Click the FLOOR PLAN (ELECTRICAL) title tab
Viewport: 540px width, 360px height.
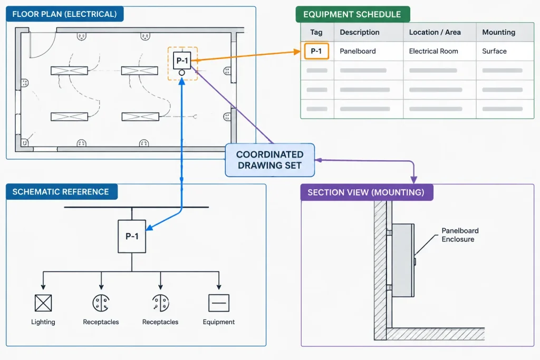pos(65,14)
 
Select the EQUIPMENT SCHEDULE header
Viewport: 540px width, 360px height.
pos(353,14)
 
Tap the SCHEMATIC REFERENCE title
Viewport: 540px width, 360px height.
pos(62,192)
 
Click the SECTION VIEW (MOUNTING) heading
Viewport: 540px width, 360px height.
pos(367,192)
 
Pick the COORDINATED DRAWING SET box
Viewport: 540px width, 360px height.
pos(270,160)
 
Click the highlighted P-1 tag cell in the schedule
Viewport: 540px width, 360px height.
pos(316,51)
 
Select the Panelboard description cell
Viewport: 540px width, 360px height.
pos(358,51)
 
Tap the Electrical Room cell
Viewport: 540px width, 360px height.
pos(433,51)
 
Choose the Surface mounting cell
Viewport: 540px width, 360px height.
pos(494,51)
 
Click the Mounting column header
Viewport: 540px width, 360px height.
pos(499,32)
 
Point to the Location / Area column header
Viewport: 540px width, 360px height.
pos(435,32)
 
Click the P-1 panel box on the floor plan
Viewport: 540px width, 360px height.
pos(182,61)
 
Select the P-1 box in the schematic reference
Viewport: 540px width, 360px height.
pos(132,237)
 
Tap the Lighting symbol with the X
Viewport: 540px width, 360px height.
pos(43,303)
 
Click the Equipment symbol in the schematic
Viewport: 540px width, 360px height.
pos(219,303)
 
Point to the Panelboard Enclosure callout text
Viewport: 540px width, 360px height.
pos(460,235)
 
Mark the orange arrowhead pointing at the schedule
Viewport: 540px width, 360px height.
pos(297,52)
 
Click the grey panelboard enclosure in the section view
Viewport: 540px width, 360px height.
pos(403,260)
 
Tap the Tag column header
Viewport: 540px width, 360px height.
pos(316,32)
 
